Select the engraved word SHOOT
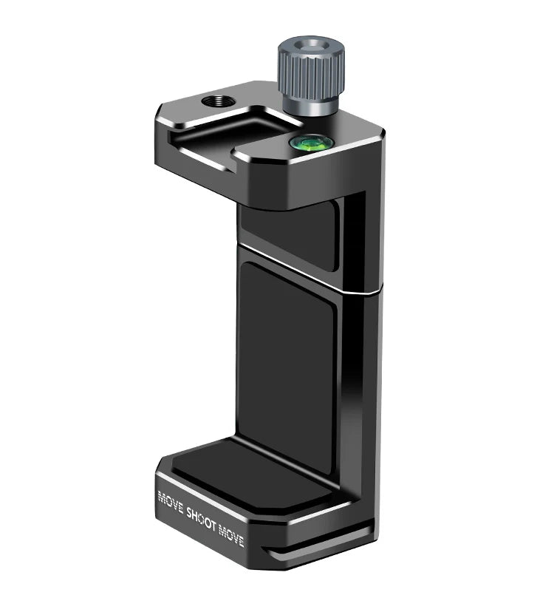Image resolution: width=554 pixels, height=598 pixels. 201,517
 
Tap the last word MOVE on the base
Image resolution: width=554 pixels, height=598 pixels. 231,534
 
